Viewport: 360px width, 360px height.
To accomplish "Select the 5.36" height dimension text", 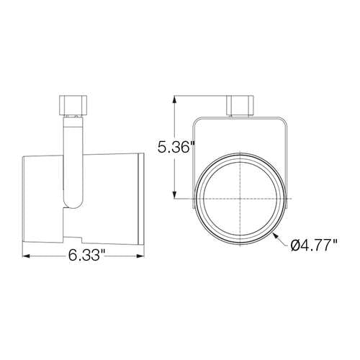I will click(x=176, y=147).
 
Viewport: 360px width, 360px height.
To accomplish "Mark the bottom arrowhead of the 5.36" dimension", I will click(x=176, y=195).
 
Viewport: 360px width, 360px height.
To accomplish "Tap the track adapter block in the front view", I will click(x=240, y=105).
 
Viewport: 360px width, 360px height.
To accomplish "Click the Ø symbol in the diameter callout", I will click(x=297, y=246).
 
